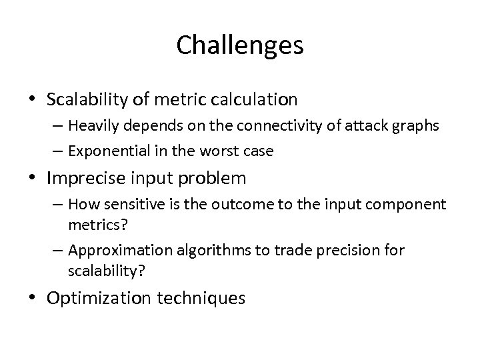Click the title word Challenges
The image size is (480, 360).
240,46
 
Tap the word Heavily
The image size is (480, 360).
109,127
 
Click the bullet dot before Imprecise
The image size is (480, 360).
33,179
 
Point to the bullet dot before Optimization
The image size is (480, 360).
33,298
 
